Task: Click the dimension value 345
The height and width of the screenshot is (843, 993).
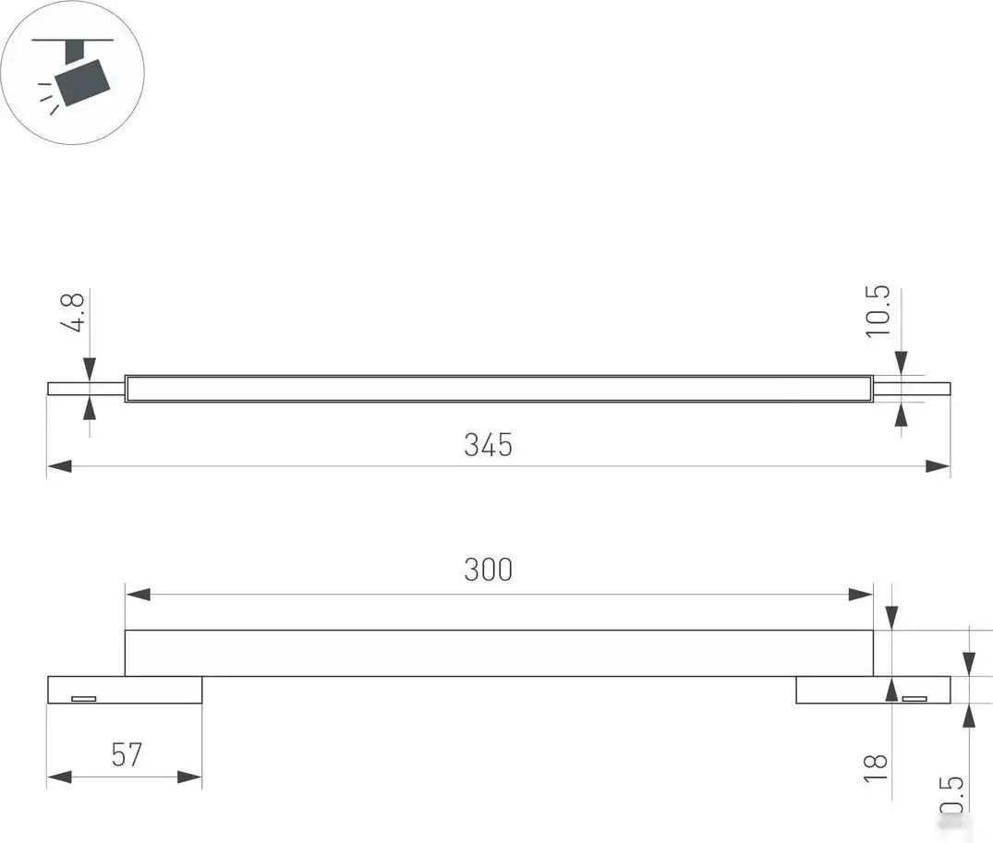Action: [488, 445]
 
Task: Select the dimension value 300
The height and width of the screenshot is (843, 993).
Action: [488, 571]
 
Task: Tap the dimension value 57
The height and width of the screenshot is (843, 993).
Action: [127, 754]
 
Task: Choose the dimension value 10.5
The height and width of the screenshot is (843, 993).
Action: [878, 311]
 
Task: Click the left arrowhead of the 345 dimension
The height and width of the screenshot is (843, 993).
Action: [59, 467]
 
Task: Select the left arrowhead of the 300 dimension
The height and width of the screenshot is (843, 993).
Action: [138, 594]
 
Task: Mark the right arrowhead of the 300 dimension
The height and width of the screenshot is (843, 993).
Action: [861, 594]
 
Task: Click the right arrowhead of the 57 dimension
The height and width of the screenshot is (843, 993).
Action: [190, 777]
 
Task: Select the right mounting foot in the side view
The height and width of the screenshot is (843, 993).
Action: [872, 690]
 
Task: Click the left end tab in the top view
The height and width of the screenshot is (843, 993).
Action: [86, 389]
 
